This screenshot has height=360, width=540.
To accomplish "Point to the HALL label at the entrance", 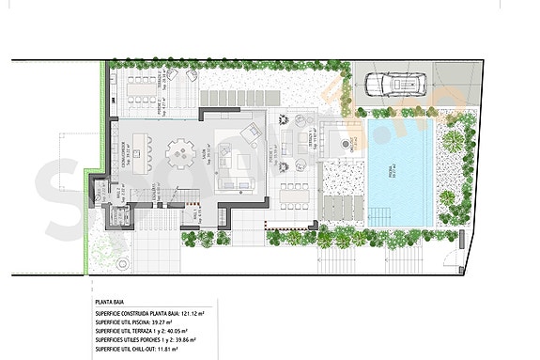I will [x=197, y=214].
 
